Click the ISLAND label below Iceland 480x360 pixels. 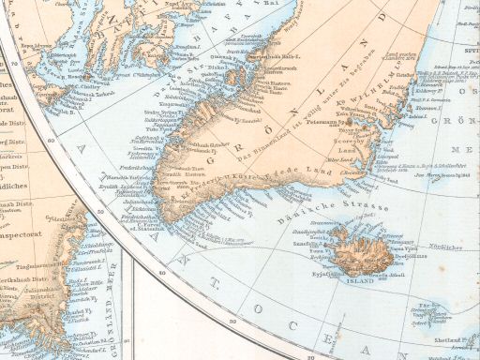[x=358, y=278]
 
